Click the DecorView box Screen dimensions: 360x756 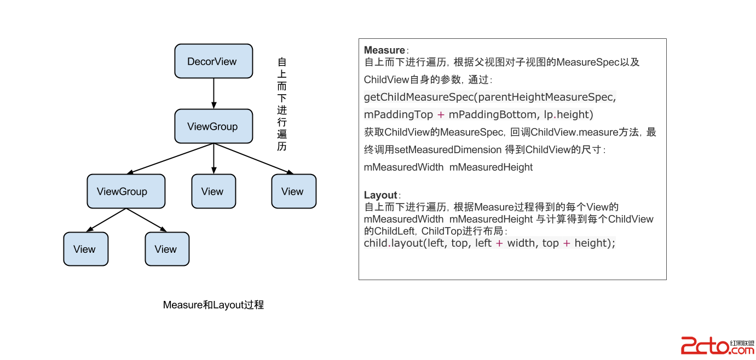213,61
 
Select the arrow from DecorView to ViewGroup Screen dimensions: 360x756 213,94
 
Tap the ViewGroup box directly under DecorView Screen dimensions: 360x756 213,126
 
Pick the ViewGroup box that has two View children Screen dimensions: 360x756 126,191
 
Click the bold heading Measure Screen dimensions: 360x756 384,50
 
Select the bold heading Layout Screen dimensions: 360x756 380,195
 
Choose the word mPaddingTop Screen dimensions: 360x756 399,115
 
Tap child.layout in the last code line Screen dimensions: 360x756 392,243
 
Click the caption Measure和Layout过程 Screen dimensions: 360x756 213,305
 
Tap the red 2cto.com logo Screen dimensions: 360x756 717,346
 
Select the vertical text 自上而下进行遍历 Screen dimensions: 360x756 282,104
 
